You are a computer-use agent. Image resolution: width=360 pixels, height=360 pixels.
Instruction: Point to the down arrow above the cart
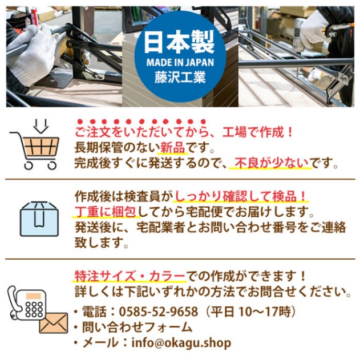click(x=39, y=124)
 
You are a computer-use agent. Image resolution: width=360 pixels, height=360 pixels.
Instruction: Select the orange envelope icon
click(x=53, y=323)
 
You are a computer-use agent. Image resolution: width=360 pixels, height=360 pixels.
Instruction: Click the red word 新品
click(x=173, y=148)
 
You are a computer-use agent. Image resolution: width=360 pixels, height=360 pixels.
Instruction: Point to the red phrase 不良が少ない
click(x=270, y=163)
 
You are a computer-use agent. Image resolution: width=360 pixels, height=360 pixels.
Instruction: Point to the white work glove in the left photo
click(x=34, y=54)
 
